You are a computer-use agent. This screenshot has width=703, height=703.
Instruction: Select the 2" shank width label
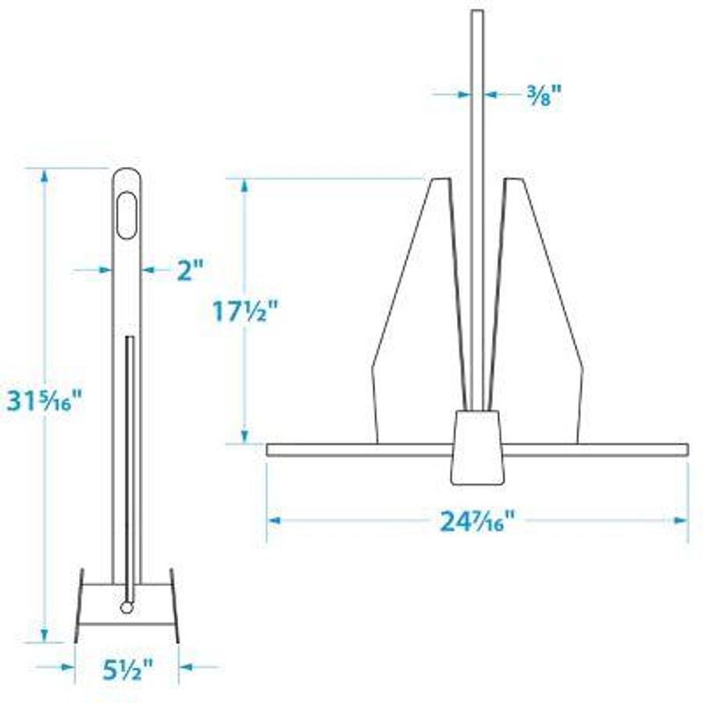pyautogui.click(x=189, y=270)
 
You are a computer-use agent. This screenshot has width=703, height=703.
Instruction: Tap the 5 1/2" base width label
pyautogui.click(x=126, y=669)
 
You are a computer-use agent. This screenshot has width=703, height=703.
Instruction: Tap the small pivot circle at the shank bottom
pyautogui.click(x=127, y=606)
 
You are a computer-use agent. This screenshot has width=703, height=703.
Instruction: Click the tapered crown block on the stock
pyautogui.click(x=477, y=445)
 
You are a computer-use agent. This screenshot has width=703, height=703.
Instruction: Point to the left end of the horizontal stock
pyautogui.click(x=271, y=450)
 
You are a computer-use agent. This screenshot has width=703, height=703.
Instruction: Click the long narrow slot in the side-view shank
pyautogui.click(x=130, y=461)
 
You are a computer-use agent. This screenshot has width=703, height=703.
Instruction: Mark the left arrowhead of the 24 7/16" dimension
pyautogui.click(x=273, y=519)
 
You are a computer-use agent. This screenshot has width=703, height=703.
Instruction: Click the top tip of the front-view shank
pyautogui.click(x=476, y=12)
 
